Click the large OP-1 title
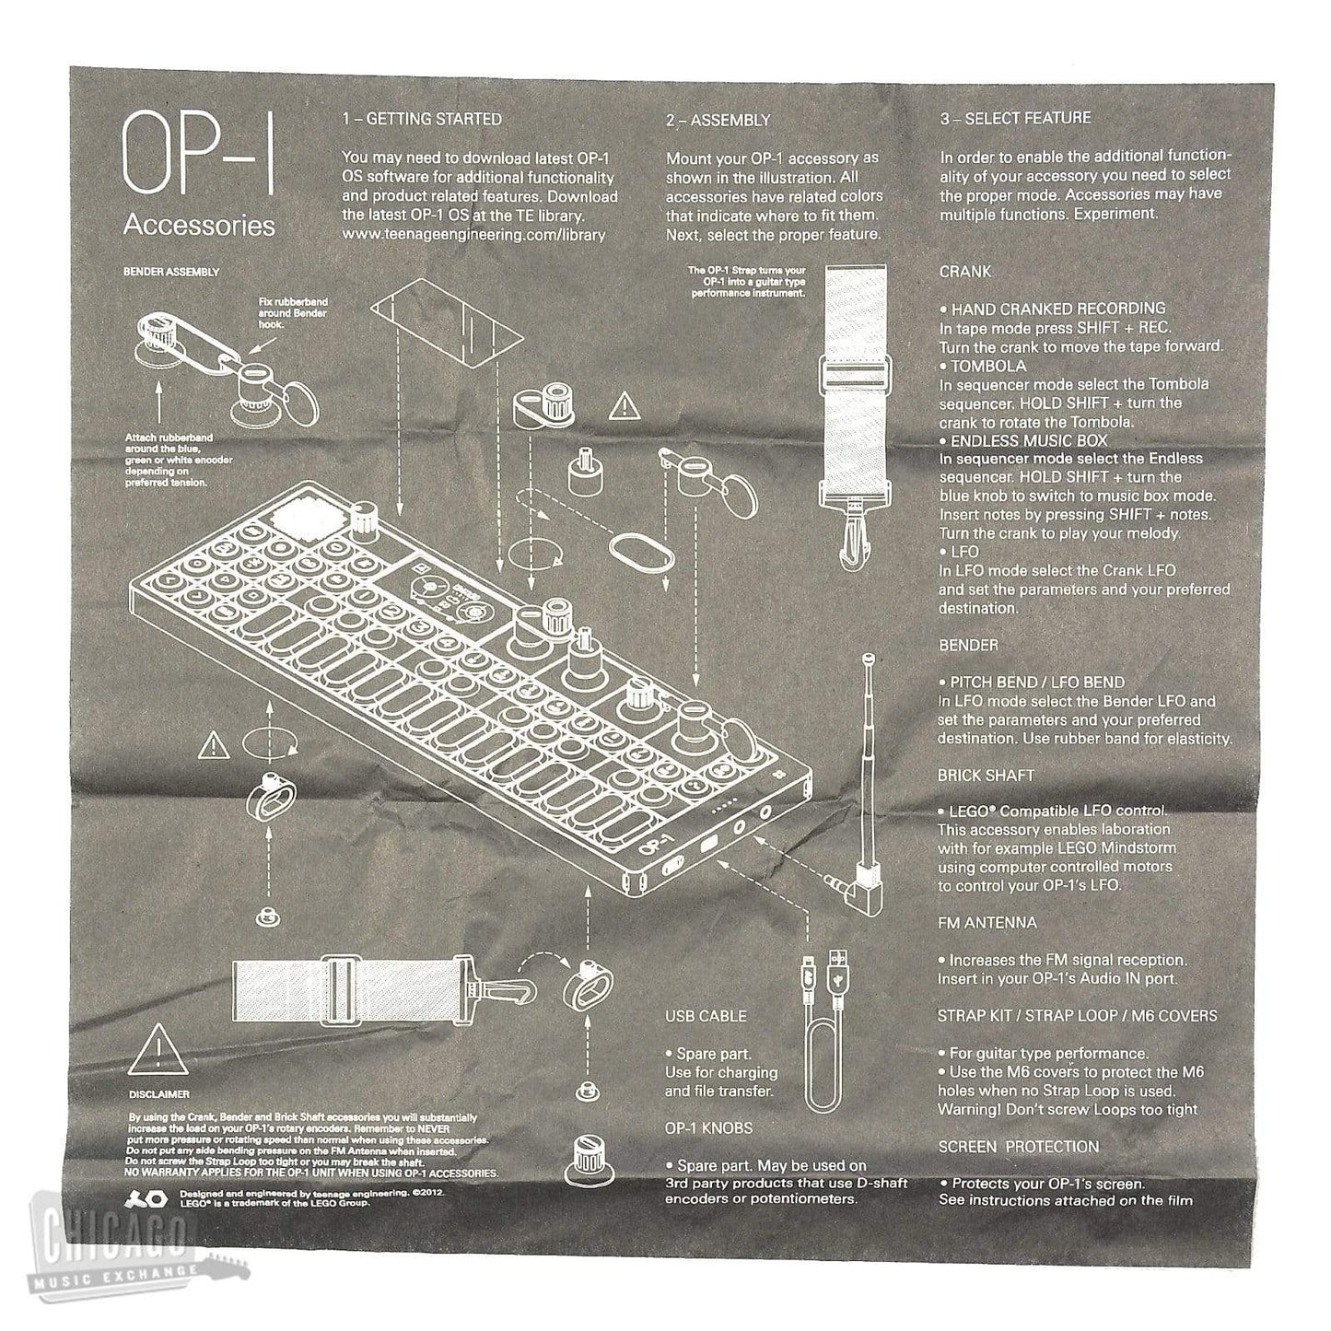(198, 156)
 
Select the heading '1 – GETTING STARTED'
(422, 119)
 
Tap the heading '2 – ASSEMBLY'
(718, 120)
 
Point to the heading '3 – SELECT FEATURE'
(1015, 118)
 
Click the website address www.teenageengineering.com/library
(473, 234)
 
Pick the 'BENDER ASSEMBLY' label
(171, 272)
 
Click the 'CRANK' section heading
(964, 272)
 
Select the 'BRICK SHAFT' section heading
(986, 776)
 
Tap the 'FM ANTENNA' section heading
(987, 922)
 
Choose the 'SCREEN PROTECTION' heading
(1018, 1146)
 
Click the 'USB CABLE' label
(706, 1016)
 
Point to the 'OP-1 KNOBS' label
(708, 1127)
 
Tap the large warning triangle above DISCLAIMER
(158, 1049)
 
